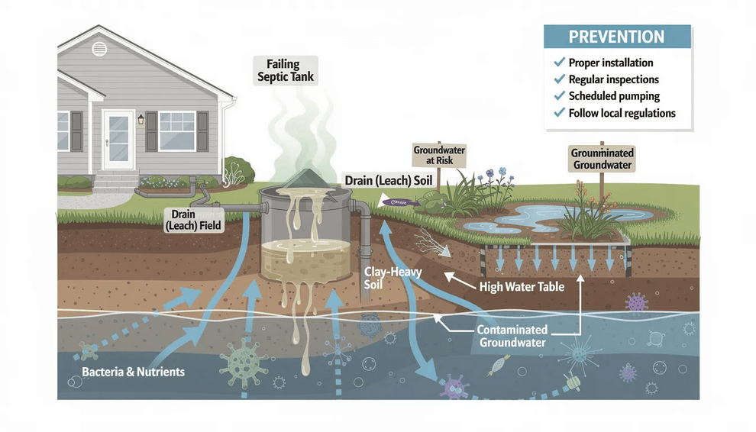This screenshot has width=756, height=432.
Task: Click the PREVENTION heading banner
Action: (617, 37)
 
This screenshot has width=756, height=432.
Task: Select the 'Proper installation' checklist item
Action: (610, 63)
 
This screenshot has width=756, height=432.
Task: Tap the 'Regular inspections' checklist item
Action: (613, 79)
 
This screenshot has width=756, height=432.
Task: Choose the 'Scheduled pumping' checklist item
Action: (614, 96)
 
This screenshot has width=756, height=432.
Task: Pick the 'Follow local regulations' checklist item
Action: (622, 113)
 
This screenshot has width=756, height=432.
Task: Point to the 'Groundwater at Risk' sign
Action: (439, 156)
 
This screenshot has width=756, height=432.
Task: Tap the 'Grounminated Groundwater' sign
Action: (602, 159)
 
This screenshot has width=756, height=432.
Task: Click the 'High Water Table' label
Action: (522, 287)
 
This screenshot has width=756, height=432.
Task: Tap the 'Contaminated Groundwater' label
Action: (512, 336)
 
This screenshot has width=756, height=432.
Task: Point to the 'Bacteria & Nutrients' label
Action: (133, 372)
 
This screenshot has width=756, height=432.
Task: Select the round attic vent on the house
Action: (99, 49)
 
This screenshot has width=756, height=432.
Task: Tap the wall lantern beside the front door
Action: (141, 120)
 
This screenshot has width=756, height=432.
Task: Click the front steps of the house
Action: (115, 182)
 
